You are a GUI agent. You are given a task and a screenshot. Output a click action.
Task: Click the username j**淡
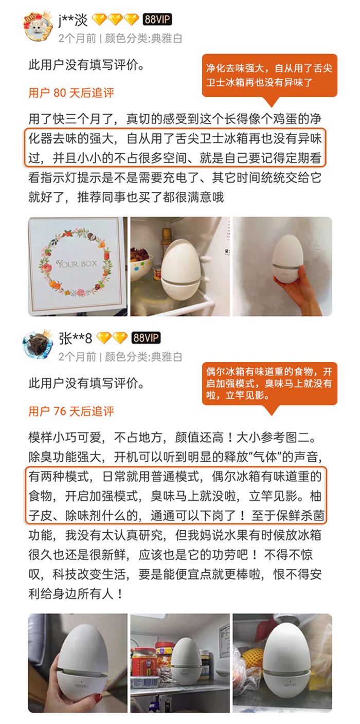73,20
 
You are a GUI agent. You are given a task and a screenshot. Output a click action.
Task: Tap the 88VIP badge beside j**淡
157,20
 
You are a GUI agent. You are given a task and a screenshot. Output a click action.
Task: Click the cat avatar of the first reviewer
38,27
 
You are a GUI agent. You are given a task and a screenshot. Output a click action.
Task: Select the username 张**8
75,338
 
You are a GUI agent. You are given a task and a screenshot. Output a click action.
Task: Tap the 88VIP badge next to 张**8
146,338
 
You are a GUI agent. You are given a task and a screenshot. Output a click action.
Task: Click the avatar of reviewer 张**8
38,345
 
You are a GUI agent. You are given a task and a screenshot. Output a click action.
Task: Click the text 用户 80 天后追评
71,93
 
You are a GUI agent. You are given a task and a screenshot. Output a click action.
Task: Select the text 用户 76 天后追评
71,411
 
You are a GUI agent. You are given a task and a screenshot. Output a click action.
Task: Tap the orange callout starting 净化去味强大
269,75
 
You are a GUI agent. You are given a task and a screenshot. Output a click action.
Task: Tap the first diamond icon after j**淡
100,20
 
